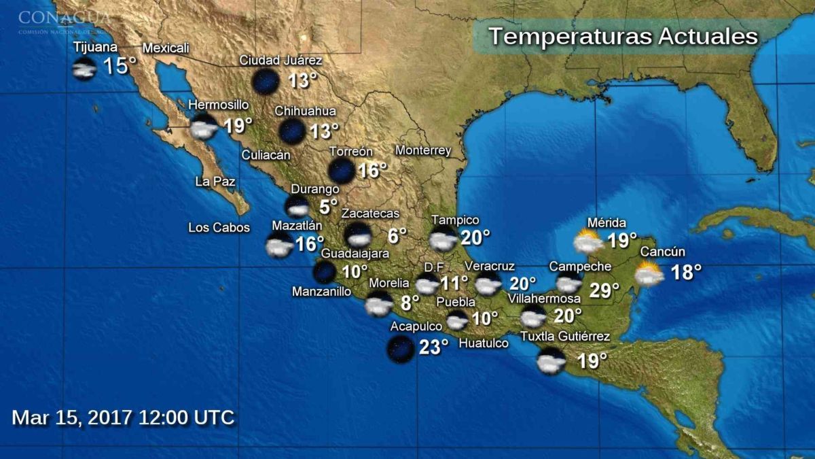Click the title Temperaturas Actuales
pyautogui.click(x=623, y=36)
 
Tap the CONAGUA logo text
pyautogui.click(x=65, y=17)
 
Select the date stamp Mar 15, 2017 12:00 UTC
pyautogui.click(x=123, y=417)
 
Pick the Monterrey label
pyautogui.click(x=423, y=150)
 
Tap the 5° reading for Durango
pyautogui.click(x=329, y=207)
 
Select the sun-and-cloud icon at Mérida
pyautogui.click(x=587, y=242)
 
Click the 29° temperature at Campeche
pyautogui.click(x=604, y=290)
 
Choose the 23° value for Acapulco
pyautogui.click(x=433, y=347)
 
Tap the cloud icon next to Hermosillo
pyautogui.click(x=203, y=127)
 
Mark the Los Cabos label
pyautogui.click(x=219, y=228)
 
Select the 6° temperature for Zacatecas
pyautogui.click(x=397, y=236)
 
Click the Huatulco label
pyautogui.click(x=484, y=344)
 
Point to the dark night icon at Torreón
pyautogui.click(x=341, y=170)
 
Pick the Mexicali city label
pyautogui.click(x=166, y=48)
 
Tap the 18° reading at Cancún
pyautogui.click(x=686, y=272)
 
